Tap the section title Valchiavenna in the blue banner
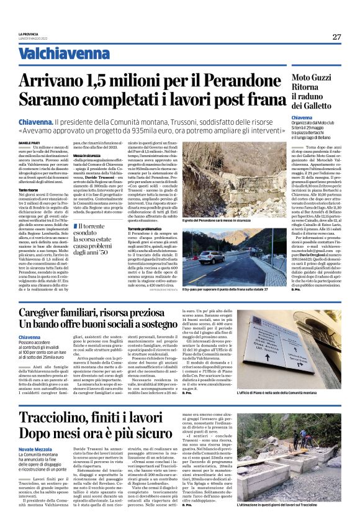click(56, 54)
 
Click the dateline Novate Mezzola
click(37, 448)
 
